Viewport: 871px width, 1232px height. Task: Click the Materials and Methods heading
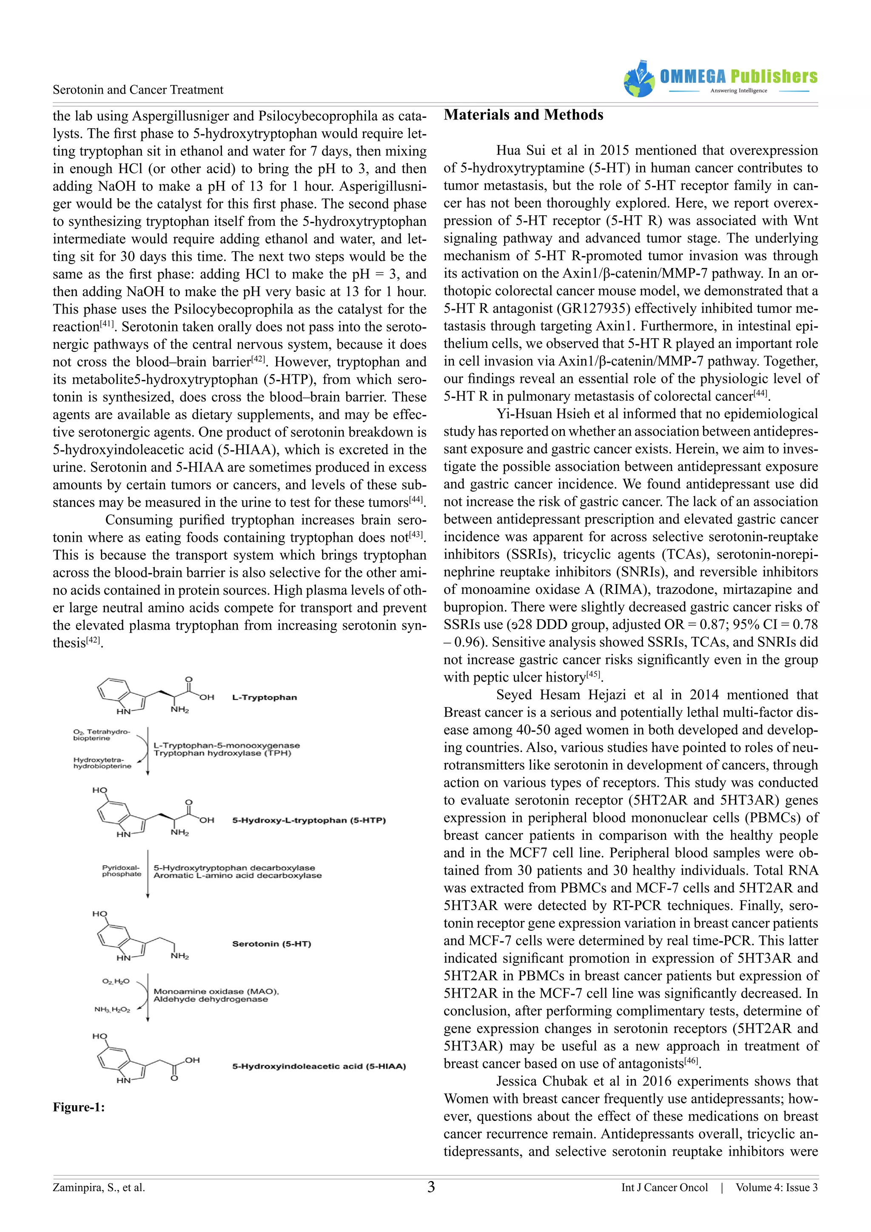pyautogui.click(x=524, y=115)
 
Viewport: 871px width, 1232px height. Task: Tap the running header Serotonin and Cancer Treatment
pyautogui.click(x=138, y=90)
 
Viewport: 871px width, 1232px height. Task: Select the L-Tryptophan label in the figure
pyautogui.click(x=265, y=698)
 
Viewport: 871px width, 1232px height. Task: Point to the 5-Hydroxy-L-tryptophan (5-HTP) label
pyautogui.click(x=309, y=821)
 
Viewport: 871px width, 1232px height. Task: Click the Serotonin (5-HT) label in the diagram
pyautogui.click(x=271, y=944)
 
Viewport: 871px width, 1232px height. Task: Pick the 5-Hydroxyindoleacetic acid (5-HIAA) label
pyautogui.click(x=319, y=1066)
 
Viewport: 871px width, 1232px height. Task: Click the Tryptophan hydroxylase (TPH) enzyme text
pyautogui.click(x=222, y=753)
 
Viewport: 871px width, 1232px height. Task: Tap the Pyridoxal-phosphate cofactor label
pyautogui.click(x=121, y=871)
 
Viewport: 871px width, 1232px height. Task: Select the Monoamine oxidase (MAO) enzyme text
pyautogui.click(x=216, y=992)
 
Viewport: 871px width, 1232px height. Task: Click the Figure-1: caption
pyautogui.click(x=79, y=1107)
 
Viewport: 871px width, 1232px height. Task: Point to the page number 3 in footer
pyautogui.click(x=431, y=1187)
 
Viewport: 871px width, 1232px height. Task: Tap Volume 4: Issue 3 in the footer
pyautogui.click(x=776, y=1187)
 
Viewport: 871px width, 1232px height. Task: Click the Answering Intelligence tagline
pyautogui.click(x=739, y=91)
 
